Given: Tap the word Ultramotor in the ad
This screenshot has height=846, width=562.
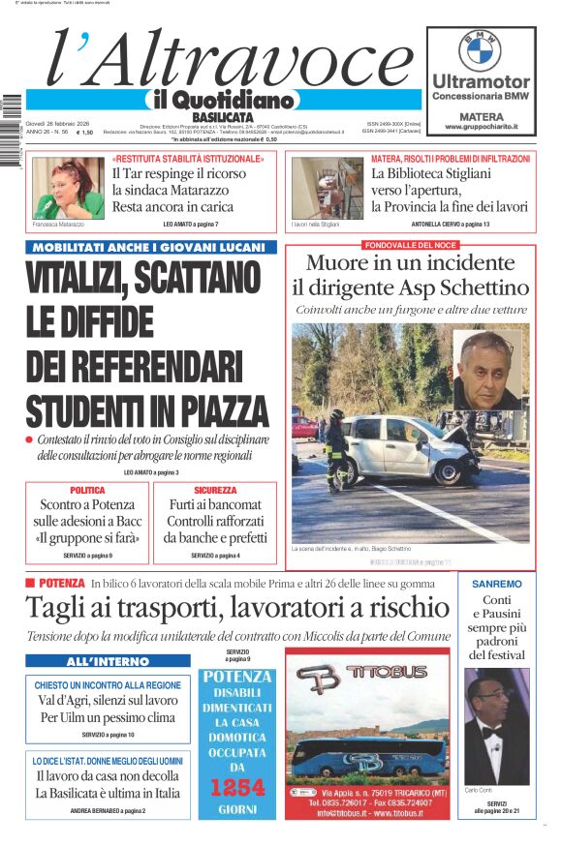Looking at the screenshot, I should (x=481, y=81).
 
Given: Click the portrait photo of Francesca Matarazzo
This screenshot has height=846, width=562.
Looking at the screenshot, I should (x=68, y=188).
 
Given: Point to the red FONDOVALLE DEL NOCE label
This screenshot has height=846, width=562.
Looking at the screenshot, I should (x=410, y=245).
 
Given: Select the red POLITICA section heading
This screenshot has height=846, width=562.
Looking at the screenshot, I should (x=87, y=491).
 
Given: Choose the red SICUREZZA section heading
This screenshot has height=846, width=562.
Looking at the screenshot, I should (x=214, y=491).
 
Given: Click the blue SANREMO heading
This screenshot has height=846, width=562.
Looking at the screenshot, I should (x=496, y=584).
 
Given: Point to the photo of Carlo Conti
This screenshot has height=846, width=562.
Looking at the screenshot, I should (x=497, y=726).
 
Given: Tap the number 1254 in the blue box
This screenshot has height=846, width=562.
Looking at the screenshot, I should (x=237, y=787).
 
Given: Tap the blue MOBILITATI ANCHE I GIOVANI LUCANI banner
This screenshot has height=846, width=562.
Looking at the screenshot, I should (x=150, y=247).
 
